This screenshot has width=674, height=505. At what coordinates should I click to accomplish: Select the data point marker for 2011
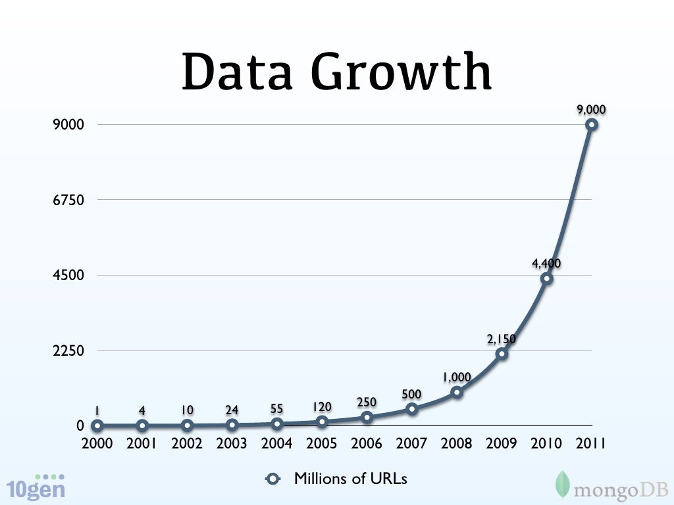[592, 124]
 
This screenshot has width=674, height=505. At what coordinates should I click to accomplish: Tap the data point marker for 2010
[546, 278]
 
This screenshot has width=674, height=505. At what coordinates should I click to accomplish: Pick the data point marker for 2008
[457, 392]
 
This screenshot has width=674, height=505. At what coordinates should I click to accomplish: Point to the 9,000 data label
[591, 110]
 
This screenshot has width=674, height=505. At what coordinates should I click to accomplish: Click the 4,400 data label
[546, 264]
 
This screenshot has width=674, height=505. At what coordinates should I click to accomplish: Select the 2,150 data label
[502, 339]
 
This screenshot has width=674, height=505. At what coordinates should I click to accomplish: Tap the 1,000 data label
[456, 377]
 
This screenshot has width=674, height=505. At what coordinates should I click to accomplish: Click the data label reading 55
[277, 410]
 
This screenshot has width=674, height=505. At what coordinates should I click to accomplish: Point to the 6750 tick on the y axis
[68, 200]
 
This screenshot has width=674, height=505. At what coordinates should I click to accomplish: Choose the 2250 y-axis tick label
[68, 350]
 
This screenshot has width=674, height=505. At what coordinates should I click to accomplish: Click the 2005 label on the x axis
[321, 444]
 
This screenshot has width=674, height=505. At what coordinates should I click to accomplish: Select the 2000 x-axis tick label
[97, 444]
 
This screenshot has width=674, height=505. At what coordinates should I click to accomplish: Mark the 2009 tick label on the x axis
[502, 444]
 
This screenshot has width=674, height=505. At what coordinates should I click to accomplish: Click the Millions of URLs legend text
[350, 479]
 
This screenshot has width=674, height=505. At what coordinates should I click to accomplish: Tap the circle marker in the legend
[273, 479]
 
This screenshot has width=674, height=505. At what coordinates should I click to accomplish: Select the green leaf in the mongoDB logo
[562, 484]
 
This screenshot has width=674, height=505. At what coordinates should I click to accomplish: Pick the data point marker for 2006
[367, 417]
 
